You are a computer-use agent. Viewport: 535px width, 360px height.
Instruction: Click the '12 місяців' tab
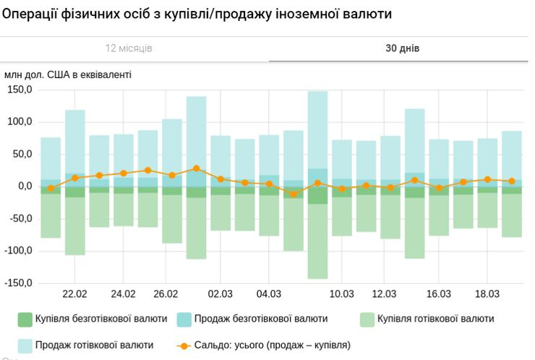pyautogui.click(x=129, y=48)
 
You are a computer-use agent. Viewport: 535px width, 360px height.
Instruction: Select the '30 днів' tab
pyautogui.click(x=402, y=48)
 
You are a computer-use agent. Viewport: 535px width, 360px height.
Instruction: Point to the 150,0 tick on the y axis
pyautogui.click(x=20, y=90)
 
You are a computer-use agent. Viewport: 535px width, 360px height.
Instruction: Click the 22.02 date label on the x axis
pyautogui.click(x=75, y=294)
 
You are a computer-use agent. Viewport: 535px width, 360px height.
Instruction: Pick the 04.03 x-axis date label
pyautogui.click(x=269, y=294)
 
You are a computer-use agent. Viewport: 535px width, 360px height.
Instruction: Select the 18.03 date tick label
pyautogui.click(x=487, y=294)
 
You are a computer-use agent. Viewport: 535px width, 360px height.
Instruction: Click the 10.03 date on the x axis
pyautogui.click(x=342, y=294)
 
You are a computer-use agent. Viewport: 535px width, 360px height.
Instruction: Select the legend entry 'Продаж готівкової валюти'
pyautogui.click(x=94, y=346)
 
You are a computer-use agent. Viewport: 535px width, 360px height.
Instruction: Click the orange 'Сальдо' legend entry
pyautogui.click(x=264, y=346)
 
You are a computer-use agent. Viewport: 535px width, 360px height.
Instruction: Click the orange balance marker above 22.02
pyautogui.click(x=75, y=178)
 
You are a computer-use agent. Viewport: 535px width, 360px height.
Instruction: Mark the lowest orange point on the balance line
pyautogui.click(x=294, y=194)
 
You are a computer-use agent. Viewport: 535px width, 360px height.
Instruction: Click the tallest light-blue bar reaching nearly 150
pyautogui.click(x=317, y=130)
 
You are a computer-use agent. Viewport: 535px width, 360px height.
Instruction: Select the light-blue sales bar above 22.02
pyautogui.click(x=75, y=141)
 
